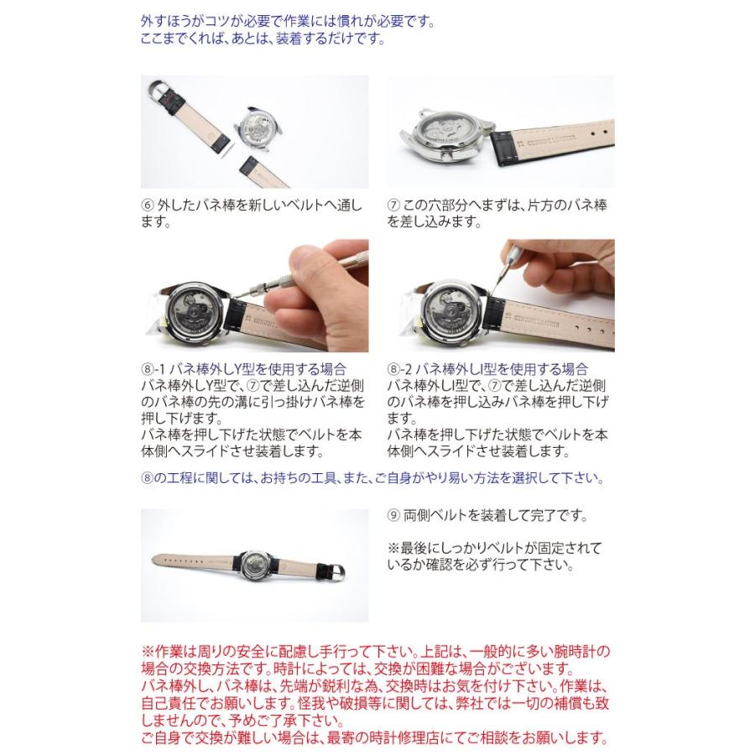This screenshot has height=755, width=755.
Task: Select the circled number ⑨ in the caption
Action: click(x=393, y=516)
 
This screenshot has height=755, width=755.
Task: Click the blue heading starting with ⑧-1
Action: click(x=243, y=369)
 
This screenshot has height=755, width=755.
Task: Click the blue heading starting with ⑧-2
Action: click(x=488, y=369)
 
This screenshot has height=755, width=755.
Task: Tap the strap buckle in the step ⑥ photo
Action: click(x=163, y=86)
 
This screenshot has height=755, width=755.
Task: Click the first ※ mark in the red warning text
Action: click(x=147, y=652)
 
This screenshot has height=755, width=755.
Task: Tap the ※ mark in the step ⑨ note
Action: click(x=393, y=549)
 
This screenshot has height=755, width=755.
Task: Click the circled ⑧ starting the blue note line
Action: click(x=147, y=479)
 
